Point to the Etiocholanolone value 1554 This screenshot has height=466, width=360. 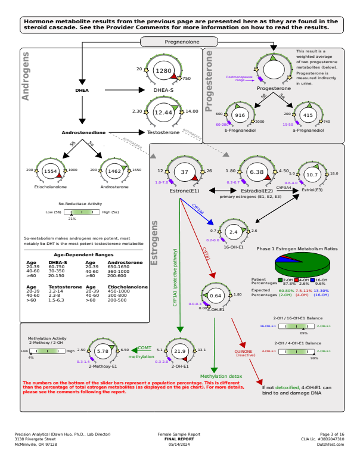point(50,170)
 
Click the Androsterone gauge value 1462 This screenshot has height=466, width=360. point(114,170)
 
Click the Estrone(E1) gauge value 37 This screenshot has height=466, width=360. point(185,172)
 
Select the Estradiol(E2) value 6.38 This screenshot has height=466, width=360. point(256,172)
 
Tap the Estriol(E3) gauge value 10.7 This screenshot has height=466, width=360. point(312,174)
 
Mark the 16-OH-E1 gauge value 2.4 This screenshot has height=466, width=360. point(234,231)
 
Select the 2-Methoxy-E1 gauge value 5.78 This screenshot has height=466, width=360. point(103,352)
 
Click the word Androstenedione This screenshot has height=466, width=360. point(83,132)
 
